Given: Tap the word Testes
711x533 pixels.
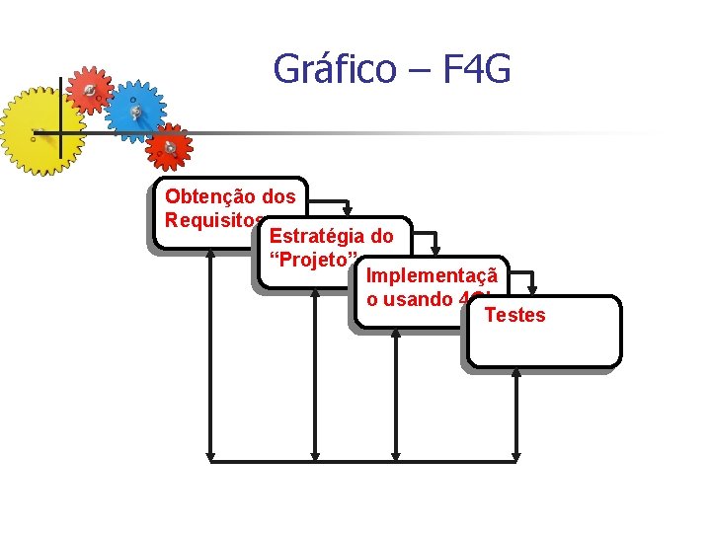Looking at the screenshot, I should [514, 315].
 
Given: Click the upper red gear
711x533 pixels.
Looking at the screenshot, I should [89, 90].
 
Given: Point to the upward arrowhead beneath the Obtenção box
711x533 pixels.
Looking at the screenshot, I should [210, 251].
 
